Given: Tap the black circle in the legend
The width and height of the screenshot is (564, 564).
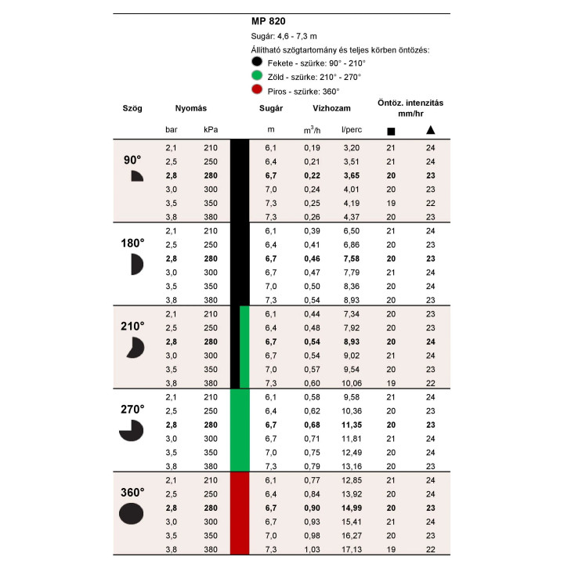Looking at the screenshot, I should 256,62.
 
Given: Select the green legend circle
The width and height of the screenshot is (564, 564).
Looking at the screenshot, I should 256,76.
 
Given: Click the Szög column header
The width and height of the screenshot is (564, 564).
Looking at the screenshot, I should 132,108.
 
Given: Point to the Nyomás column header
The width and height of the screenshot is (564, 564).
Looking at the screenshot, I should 190,108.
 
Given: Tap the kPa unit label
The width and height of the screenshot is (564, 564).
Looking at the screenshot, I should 211,129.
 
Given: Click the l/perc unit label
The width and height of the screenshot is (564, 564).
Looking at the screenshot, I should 350,129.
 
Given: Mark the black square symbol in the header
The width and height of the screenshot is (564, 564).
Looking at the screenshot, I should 391,130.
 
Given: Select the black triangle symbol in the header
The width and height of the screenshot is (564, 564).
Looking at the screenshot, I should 430,129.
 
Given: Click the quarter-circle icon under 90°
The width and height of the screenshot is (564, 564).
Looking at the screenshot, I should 136,176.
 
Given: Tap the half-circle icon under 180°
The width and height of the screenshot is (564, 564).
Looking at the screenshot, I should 136,264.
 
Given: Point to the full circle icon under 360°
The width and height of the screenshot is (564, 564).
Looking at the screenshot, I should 132,514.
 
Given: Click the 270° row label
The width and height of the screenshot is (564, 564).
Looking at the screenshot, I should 132,409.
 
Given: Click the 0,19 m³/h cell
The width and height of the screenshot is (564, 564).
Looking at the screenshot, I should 312,147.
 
